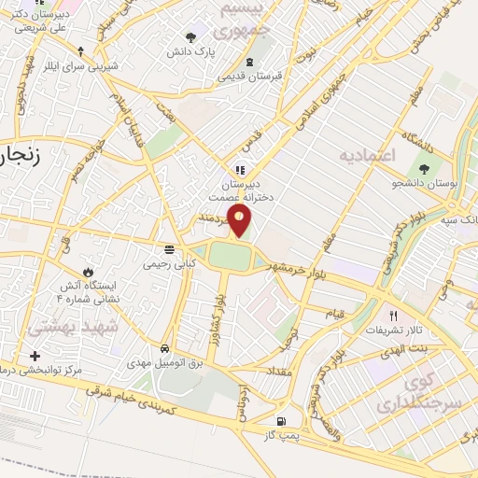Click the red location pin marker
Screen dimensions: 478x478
click(241, 220)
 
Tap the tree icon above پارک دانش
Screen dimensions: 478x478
click(191, 38)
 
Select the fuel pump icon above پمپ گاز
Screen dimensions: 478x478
click(283, 421)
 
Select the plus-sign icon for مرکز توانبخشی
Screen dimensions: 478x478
click(35, 356)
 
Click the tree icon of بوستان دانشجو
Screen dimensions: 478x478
click(425, 170)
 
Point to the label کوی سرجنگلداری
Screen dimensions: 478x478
click(408, 393)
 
